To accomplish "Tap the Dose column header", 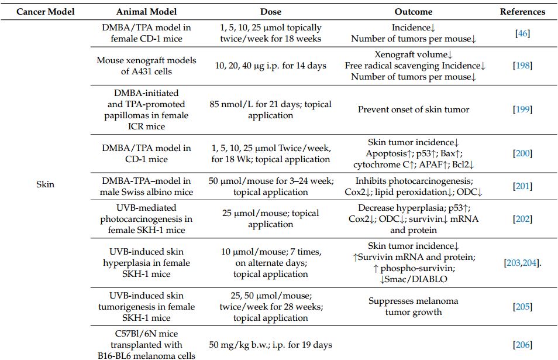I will pyautogui.click(x=270, y=11).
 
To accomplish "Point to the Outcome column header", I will pyautogui.click(x=414, y=11).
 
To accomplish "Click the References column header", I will pyautogui.click(x=522, y=11).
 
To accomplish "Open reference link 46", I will pyautogui.click(x=522, y=33).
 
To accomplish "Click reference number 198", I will pyautogui.click(x=522, y=66).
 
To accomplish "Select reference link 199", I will pyautogui.click(x=522, y=109).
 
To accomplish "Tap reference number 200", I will pyautogui.click(x=522, y=153).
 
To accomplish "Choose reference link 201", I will pyautogui.click(x=522, y=186).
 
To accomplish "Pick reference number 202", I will pyautogui.click(x=522, y=218).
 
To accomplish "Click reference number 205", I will pyautogui.click(x=522, y=306).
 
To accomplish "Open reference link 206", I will pyautogui.click(x=522, y=345).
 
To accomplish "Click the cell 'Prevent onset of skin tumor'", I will pyautogui.click(x=414, y=109).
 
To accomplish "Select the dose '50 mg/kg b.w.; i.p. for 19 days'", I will pyautogui.click(x=270, y=345).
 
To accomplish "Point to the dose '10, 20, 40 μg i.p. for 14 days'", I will pyautogui.click(x=270, y=66).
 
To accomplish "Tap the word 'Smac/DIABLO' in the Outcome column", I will pyautogui.click(x=416, y=279).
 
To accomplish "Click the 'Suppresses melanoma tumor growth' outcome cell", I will pyautogui.click(x=414, y=306).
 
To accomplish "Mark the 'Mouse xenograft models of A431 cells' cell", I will pyautogui.click(x=146, y=66).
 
